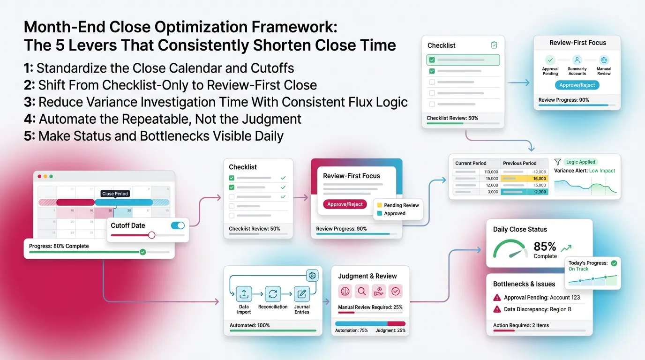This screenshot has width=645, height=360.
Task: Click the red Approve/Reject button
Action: (x=345, y=204)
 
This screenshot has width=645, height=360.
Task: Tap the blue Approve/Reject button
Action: (x=577, y=85)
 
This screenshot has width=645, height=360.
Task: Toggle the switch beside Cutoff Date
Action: (x=178, y=225)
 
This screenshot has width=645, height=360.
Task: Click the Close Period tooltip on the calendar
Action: (x=115, y=194)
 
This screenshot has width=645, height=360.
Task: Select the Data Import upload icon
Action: (x=244, y=294)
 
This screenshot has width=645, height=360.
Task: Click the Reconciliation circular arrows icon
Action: (x=273, y=294)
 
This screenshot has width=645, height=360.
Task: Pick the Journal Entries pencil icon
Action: (x=302, y=294)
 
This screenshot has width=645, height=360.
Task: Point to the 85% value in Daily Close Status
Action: (x=545, y=247)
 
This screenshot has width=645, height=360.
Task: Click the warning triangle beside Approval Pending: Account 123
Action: (x=497, y=298)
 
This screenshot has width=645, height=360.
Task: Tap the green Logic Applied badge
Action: (x=580, y=162)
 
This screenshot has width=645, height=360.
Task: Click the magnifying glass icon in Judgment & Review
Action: (x=362, y=292)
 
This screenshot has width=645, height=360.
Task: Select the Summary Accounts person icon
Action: (x=577, y=60)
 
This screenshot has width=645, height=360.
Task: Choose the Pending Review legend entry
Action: (x=401, y=205)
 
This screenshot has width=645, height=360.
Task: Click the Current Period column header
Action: (x=471, y=163)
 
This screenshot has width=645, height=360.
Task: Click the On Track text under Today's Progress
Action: (x=578, y=269)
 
